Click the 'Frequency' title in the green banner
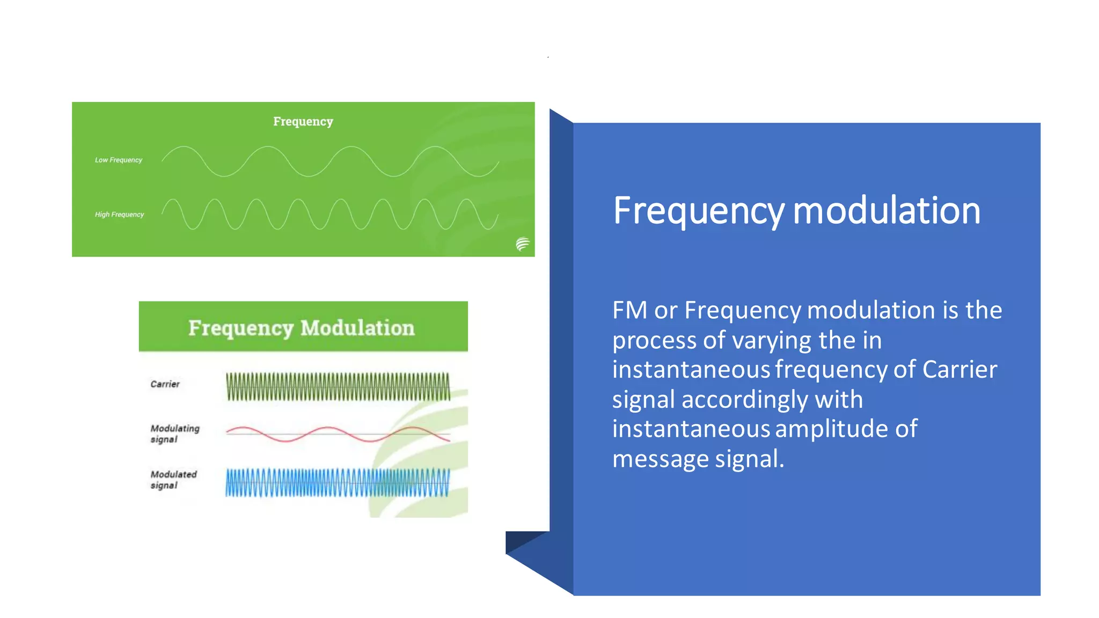tap(303, 122)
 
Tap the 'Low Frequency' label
tap(119, 160)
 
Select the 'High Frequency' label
tap(119, 215)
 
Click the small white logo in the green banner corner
tap(522, 244)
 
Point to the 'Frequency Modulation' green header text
tap(302, 328)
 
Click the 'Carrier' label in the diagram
tap(165, 384)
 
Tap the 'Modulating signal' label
tap(174, 433)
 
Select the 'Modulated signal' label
tap(173, 480)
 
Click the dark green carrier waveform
tap(338, 387)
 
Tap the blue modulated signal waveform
tap(338, 482)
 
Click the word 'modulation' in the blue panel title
tap(886, 210)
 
